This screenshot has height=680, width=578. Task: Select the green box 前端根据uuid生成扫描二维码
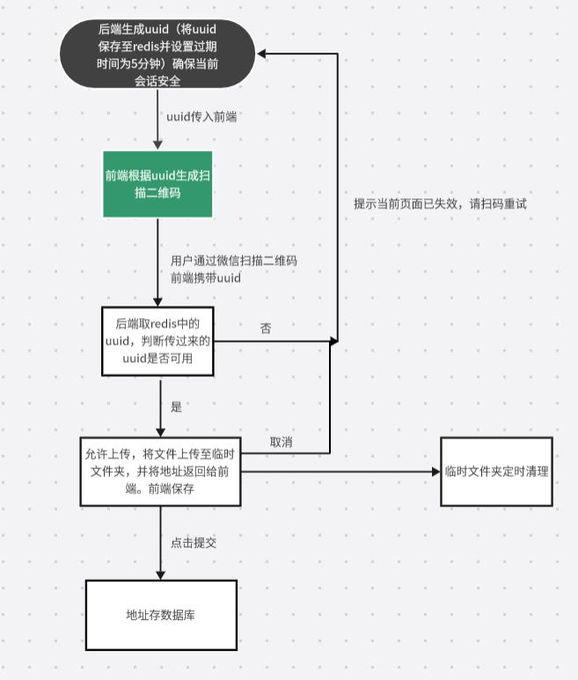point(158,183)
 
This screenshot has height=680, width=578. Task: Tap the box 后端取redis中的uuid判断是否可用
point(158,339)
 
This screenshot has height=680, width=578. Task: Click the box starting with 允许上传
point(160,472)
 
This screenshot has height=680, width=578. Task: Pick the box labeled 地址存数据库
point(160,614)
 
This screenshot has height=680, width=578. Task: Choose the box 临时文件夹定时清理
point(497,472)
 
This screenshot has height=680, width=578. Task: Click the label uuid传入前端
point(201,116)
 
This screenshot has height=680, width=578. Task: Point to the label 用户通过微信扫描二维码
point(233,261)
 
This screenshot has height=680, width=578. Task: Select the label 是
point(176,407)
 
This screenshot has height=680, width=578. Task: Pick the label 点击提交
point(194,543)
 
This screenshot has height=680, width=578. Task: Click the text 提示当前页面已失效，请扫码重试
point(440,203)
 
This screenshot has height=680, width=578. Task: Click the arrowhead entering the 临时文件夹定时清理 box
point(435,472)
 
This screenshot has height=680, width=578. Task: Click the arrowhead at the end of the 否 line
point(333,339)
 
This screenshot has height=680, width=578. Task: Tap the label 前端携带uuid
point(205,278)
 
